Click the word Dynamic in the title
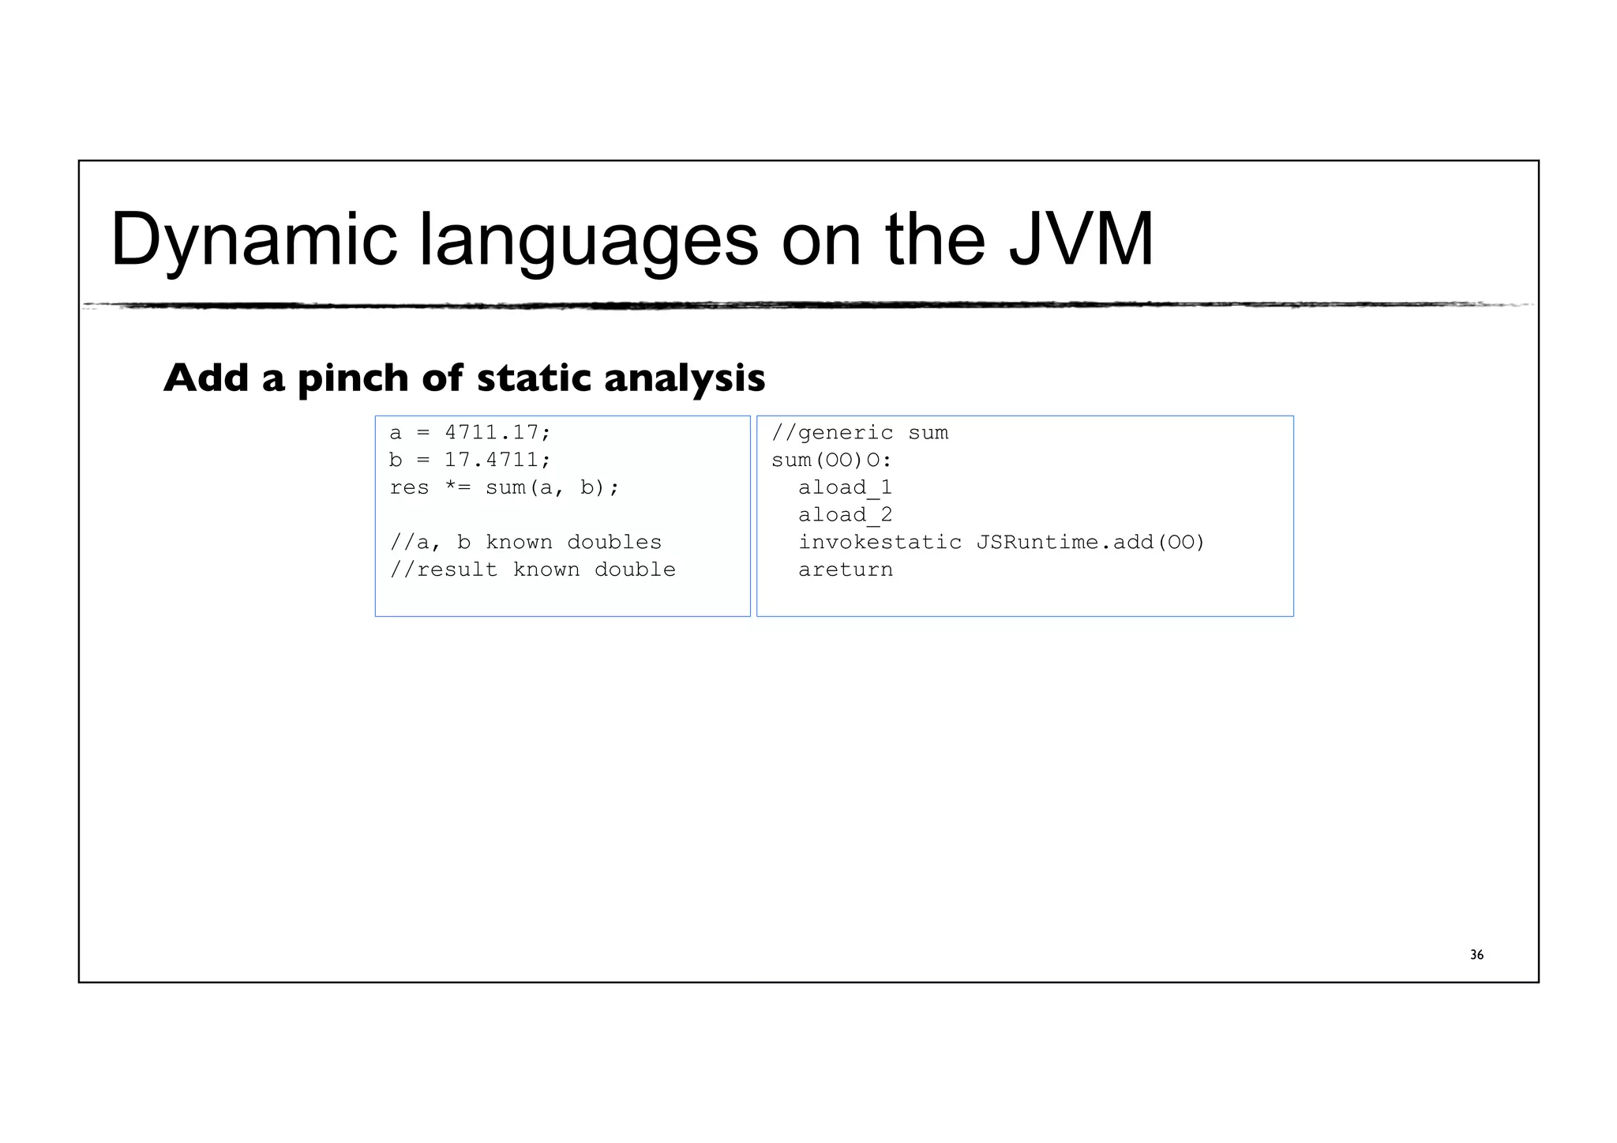coord(253,240)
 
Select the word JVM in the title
coord(1081,240)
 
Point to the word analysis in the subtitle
coord(685,378)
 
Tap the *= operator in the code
coord(458,487)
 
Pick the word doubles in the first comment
coord(614,543)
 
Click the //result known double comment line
coord(533,570)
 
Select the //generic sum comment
coord(860,433)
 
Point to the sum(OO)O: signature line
coord(831,460)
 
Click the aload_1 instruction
coord(845,487)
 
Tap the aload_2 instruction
coord(845,515)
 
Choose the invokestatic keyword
coord(880,543)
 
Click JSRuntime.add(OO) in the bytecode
coord(1090,543)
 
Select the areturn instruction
coord(845,570)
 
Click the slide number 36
coord(1476,955)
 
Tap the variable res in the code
coord(409,487)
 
